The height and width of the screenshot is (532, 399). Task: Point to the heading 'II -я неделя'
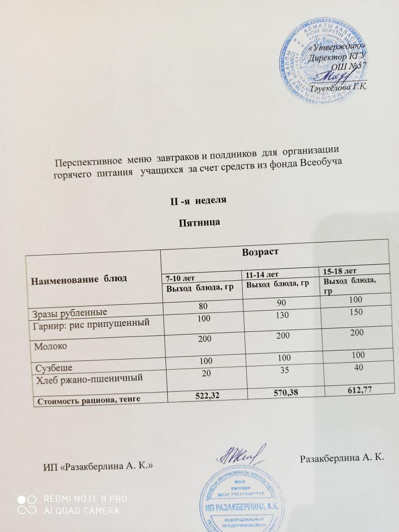tap(198, 201)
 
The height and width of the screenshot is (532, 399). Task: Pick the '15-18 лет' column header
tap(341, 270)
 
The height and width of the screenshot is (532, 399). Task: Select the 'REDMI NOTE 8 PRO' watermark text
tap(85, 499)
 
